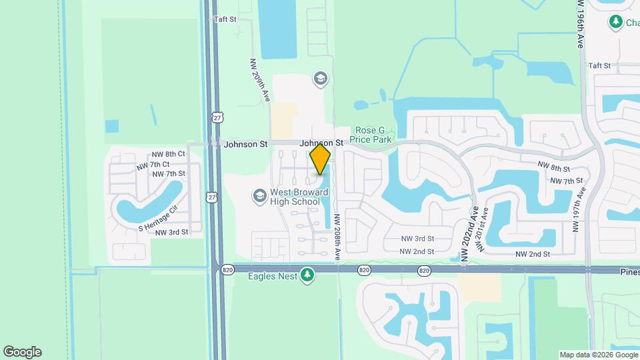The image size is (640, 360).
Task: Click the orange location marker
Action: tap(320, 159)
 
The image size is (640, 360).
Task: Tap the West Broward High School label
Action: tap(294, 197)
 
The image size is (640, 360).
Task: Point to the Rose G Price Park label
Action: tap(373, 135)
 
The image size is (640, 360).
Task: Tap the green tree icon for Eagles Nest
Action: tap(307, 275)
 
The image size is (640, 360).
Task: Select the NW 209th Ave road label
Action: tap(259, 80)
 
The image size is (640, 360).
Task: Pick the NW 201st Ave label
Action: tap(485, 229)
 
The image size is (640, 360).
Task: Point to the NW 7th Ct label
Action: tap(153, 164)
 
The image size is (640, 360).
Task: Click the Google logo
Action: tap(22, 352)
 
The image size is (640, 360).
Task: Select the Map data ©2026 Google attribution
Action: tap(598, 355)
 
